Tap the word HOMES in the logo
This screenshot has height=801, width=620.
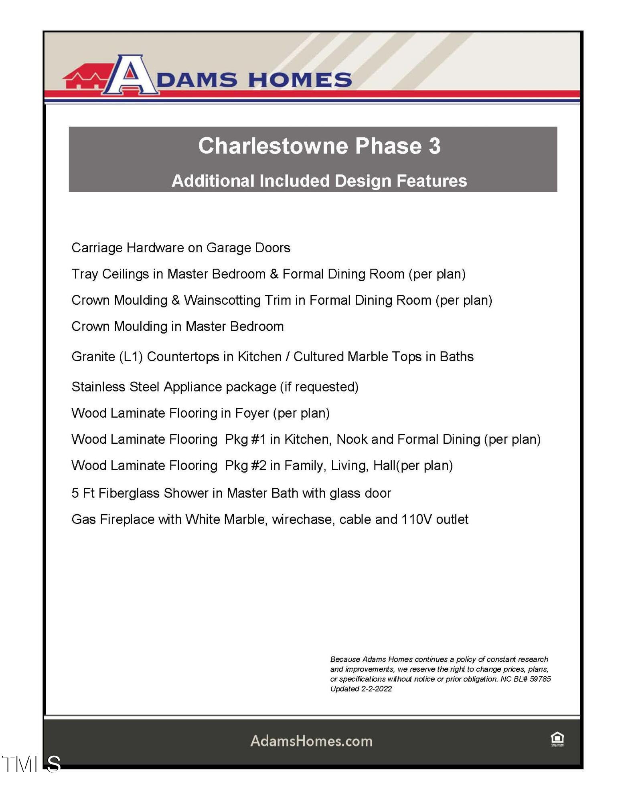pyautogui.click(x=300, y=80)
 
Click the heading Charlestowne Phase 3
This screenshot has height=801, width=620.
pyautogui.click(x=319, y=146)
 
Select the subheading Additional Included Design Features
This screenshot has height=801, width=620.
pyautogui.click(x=319, y=181)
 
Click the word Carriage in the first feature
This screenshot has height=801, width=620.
pyautogui.click(x=97, y=248)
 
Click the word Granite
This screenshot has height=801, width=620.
pyautogui.click(x=93, y=357)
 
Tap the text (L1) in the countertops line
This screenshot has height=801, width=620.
pyautogui.click(x=131, y=357)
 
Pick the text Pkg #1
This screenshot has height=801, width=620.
pyautogui.click(x=245, y=439)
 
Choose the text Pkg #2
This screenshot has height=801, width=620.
pyautogui.click(x=245, y=466)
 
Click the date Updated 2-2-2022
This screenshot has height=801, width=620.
pyautogui.click(x=361, y=689)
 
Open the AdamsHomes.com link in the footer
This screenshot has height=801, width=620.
pyautogui.click(x=311, y=741)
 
